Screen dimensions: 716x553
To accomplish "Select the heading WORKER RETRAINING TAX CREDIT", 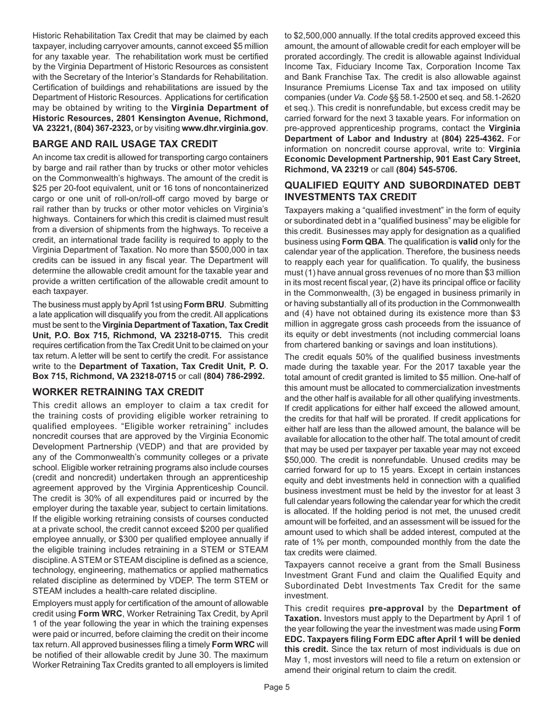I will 118,392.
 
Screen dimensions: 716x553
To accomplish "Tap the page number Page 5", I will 276,687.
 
